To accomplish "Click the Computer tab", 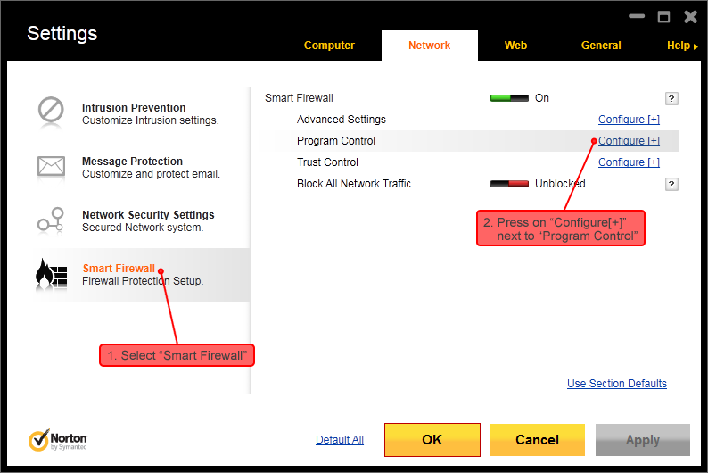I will (329, 46).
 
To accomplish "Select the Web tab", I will (515, 46).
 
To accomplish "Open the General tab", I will (601, 46).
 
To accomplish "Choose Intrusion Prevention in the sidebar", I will (134, 108).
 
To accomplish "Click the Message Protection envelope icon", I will (51, 166).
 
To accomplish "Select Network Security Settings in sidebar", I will (148, 215).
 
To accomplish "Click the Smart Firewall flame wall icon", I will (51, 274).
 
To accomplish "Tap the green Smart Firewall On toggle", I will (509, 98).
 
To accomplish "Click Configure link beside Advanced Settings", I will (628, 120).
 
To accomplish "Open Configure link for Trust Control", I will (628, 162).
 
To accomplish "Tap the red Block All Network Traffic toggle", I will (509, 184).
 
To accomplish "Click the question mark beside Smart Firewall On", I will (672, 99).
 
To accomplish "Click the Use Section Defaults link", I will (616, 384).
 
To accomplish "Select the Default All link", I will (340, 440).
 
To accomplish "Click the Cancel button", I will (537, 440).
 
